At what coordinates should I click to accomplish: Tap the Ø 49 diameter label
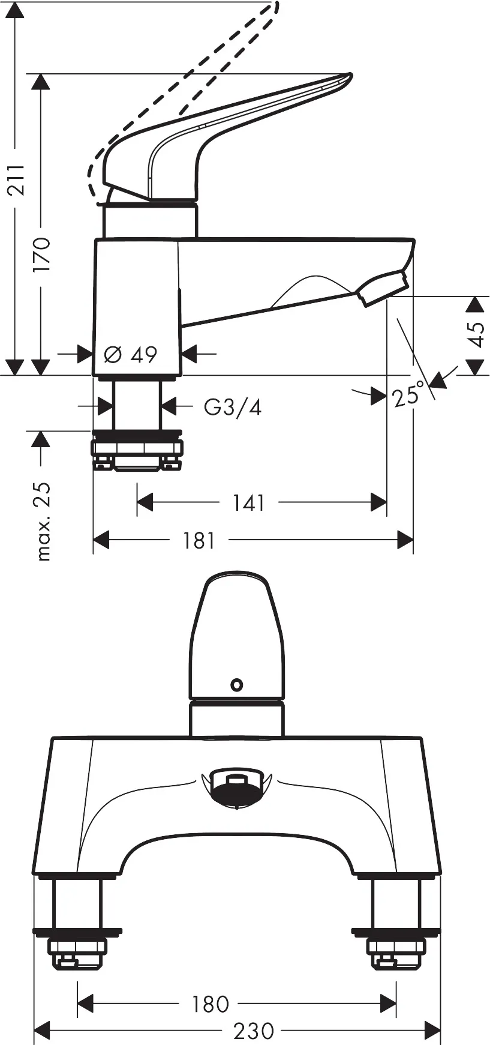pos(130,355)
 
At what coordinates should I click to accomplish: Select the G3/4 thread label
pos(233,408)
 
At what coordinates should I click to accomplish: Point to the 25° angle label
pos(410,395)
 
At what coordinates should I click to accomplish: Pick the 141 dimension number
pos(249,503)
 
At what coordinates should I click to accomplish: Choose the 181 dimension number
pos(199,541)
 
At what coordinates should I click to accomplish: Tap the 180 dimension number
pos(210,1004)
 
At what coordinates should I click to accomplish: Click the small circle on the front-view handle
pos(237,684)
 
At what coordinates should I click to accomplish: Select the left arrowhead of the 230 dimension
pos(41,1031)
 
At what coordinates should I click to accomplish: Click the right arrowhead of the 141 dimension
pos(379,502)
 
